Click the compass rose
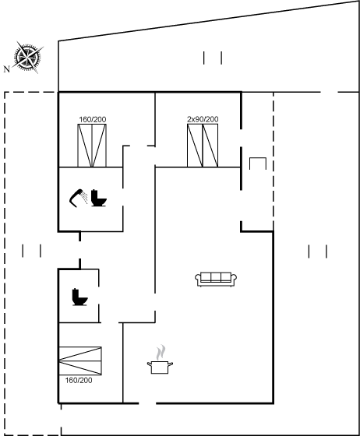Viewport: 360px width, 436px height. pos(27,58)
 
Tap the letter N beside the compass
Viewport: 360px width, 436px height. pos(7,69)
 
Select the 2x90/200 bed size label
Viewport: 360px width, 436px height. pos(203,119)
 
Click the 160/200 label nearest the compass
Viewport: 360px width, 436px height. pos(93,120)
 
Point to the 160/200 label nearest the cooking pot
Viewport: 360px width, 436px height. pos(79,380)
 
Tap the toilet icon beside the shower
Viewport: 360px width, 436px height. pos(99,198)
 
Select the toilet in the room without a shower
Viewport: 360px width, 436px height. pos(79,297)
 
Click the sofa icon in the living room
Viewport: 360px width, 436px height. pos(216,280)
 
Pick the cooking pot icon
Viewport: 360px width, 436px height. pos(160,367)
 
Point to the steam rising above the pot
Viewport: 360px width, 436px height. pos(161,352)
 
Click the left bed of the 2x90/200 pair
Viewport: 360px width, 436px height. pos(195,146)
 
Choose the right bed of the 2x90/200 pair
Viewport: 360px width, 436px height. pos(210,146)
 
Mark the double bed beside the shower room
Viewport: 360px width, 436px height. pos(92,146)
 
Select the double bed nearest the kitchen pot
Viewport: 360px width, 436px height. pos(80,360)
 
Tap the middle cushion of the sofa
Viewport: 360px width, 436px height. pos(216,277)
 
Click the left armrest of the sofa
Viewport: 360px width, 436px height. pos(198,279)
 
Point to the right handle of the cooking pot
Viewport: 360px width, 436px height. pos(171,364)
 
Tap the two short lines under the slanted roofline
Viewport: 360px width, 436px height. pos(213,58)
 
